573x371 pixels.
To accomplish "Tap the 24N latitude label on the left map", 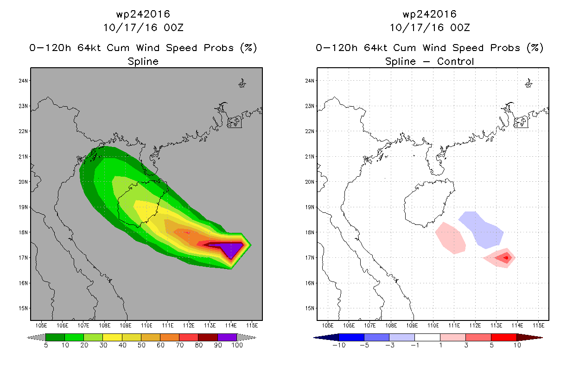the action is point(23,81).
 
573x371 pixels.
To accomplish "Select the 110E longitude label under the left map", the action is point(146,326).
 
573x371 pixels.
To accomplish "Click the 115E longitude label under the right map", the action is point(539,326).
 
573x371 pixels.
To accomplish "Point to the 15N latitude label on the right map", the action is point(310,308).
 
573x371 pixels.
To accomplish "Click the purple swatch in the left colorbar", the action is point(228,337).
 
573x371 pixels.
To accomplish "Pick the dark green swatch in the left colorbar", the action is point(55,337).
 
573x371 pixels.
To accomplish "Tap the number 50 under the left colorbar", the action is point(141,345).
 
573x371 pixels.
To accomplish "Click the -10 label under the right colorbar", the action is point(339,345).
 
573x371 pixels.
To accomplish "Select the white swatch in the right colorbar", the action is point(427,337).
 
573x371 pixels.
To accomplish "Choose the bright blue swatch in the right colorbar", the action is point(351,337).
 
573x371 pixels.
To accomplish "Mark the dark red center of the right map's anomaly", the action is point(506,258).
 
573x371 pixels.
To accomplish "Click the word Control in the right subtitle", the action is point(455,62).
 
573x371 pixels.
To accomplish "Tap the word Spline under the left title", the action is point(143,62).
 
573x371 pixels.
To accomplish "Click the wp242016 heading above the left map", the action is point(143,14).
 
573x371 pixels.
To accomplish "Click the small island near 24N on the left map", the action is point(242,83).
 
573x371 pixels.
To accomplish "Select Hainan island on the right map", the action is point(429,203).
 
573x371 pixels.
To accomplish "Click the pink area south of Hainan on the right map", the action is point(451,238).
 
